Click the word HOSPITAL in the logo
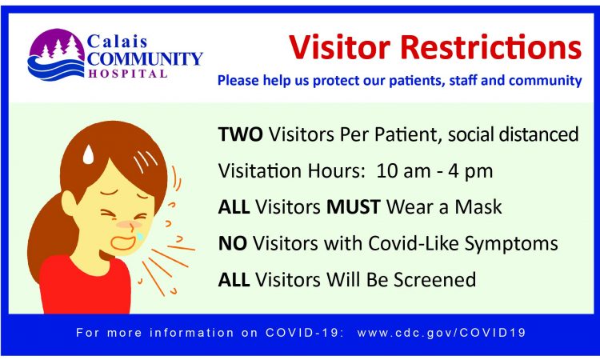(x=129, y=74)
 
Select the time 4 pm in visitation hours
(x=472, y=170)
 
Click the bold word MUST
(x=354, y=206)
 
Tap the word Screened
(x=439, y=279)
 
